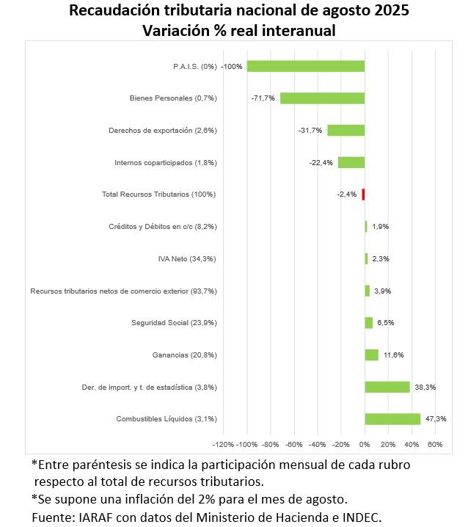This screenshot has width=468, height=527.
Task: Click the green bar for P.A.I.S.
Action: coord(305,66)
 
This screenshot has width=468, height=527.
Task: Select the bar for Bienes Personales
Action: coord(322,98)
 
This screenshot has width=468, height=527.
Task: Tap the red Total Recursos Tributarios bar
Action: coord(363,195)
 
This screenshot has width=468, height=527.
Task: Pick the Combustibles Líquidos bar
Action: coord(392,419)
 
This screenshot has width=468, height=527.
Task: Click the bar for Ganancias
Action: coord(372,355)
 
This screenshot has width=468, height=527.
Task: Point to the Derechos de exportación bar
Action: coord(345,130)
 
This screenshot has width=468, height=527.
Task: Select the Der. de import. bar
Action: coord(387,387)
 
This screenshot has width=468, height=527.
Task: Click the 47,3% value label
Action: coord(434,419)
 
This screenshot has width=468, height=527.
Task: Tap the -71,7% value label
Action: coord(262,98)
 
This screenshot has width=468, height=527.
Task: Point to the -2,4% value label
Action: coord(347,195)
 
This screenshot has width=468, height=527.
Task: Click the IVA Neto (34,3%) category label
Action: coord(187,259)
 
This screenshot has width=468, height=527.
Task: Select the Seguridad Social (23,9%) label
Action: coord(174,323)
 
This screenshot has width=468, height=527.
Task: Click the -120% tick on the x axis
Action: coord(223,445)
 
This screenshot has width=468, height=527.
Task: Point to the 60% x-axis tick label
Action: coord(434,445)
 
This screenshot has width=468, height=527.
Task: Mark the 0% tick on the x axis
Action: coord(365,445)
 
